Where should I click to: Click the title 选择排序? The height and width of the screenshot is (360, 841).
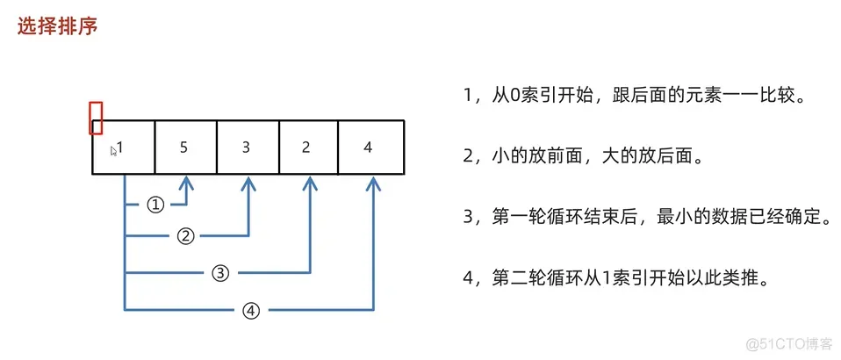[x=57, y=26]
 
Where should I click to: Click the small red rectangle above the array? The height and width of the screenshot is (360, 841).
[x=97, y=117]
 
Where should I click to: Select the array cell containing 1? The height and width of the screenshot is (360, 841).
[x=124, y=148]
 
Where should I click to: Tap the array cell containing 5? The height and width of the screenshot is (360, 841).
[x=184, y=148]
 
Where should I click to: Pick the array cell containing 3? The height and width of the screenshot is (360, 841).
[x=247, y=148]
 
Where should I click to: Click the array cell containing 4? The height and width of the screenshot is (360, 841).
[x=368, y=148]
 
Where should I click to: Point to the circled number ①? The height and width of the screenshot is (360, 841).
[x=155, y=205]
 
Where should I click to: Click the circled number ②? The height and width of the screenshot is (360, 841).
[x=185, y=235]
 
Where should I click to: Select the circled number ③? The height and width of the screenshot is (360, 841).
[x=220, y=272]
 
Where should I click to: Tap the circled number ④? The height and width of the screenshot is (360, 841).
[x=252, y=309]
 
